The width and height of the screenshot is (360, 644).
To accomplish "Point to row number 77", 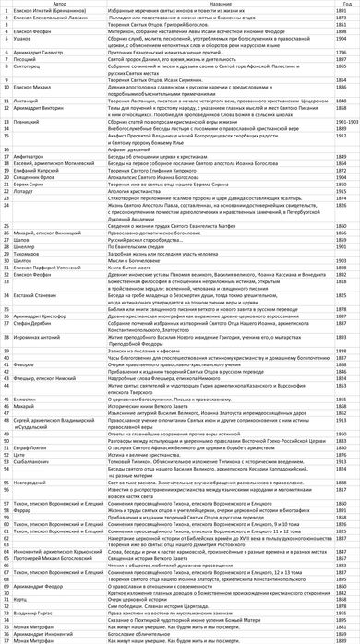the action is (x=6, y=640).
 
